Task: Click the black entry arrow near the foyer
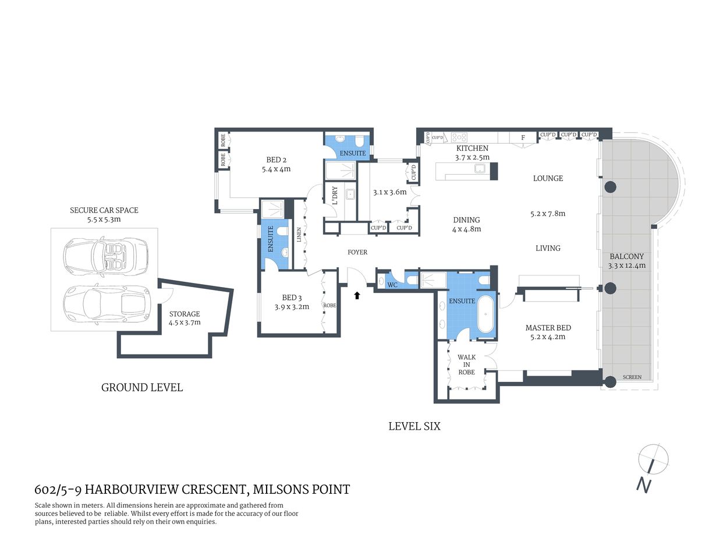pos(357,296)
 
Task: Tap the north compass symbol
pos(653,459)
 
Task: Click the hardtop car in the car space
pos(105,303)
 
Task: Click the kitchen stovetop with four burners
pos(459,137)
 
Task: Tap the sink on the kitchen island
pos(481,169)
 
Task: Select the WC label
pos(392,285)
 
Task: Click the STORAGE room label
pos(185,314)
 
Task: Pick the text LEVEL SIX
pos(414,426)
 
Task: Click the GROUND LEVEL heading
pos(142,387)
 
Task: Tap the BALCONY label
pos(626,256)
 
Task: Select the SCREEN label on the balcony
pos(632,377)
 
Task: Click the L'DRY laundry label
pos(335,195)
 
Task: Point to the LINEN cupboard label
pos(299,236)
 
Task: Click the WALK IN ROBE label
pos(466,365)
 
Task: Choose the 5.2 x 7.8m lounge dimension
pos(547,214)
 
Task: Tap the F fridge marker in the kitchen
pos(523,137)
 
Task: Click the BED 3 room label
pos(292,298)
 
